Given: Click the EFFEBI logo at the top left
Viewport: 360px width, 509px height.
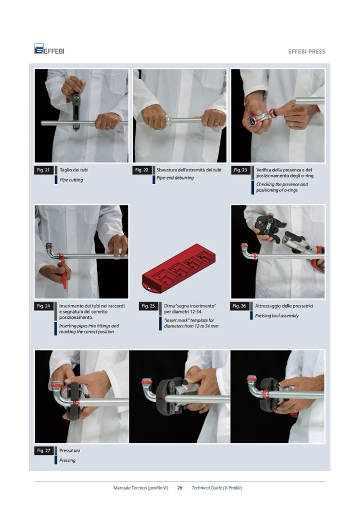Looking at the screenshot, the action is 49,49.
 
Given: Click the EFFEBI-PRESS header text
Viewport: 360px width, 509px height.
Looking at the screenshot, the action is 306,51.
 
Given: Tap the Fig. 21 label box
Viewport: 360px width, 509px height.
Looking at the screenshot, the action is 44,170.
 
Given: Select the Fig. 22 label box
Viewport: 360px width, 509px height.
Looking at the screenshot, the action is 142,170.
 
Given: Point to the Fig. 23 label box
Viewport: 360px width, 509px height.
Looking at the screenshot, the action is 241,170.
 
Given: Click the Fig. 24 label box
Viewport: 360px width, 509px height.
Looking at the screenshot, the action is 44,306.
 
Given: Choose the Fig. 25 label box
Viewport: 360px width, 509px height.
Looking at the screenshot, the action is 148,306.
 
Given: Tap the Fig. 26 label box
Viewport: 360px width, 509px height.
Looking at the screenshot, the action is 239,306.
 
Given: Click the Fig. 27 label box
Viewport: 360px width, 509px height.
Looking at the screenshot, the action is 44,451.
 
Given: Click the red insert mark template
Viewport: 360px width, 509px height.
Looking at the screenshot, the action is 178,269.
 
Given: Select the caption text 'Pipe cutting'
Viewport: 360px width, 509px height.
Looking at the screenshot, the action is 71,180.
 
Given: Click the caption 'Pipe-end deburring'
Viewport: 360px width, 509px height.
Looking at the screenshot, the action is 175,178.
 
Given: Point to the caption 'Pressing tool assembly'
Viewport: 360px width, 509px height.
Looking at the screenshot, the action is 277,316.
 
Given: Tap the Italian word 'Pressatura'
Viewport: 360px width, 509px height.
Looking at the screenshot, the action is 70,451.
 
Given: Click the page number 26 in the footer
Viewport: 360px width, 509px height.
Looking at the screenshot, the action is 179,488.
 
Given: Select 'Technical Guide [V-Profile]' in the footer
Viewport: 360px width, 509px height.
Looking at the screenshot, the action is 217,488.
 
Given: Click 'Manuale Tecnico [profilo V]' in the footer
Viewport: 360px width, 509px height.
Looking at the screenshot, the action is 140,488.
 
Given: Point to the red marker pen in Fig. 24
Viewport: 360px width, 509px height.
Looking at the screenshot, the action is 63,271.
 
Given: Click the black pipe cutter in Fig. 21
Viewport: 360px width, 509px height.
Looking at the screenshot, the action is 76,112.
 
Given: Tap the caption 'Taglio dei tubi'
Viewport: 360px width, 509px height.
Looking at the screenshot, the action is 74,170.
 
